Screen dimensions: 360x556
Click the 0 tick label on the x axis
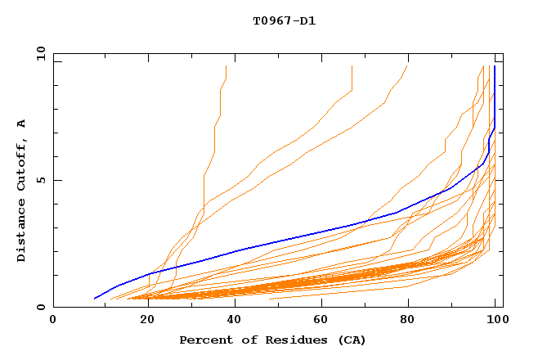coord(53,321)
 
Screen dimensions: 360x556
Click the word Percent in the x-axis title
coord(204,340)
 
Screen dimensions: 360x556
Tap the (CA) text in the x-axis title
coord(351,340)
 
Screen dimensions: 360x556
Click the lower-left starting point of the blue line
coord(95,298)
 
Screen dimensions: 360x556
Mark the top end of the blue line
coord(494,66)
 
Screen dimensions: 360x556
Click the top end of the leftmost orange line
coord(226,66)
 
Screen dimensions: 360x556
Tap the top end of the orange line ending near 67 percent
coord(352,66)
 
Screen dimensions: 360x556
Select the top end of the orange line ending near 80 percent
coord(406,66)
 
